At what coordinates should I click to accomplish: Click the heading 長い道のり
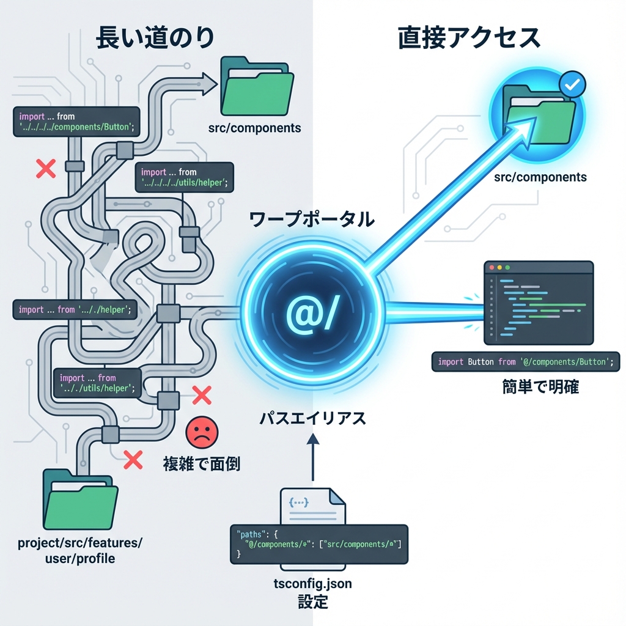coord(155,38)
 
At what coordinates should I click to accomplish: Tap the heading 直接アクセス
coord(469,38)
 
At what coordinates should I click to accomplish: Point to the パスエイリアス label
coord(312,419)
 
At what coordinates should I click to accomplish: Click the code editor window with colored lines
coord(539,303)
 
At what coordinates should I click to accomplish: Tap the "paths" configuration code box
coord(319,543)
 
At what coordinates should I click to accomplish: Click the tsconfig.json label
coord(312,584)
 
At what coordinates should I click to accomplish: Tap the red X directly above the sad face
coord(201,396)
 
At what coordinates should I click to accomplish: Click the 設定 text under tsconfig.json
coord(312,602)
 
